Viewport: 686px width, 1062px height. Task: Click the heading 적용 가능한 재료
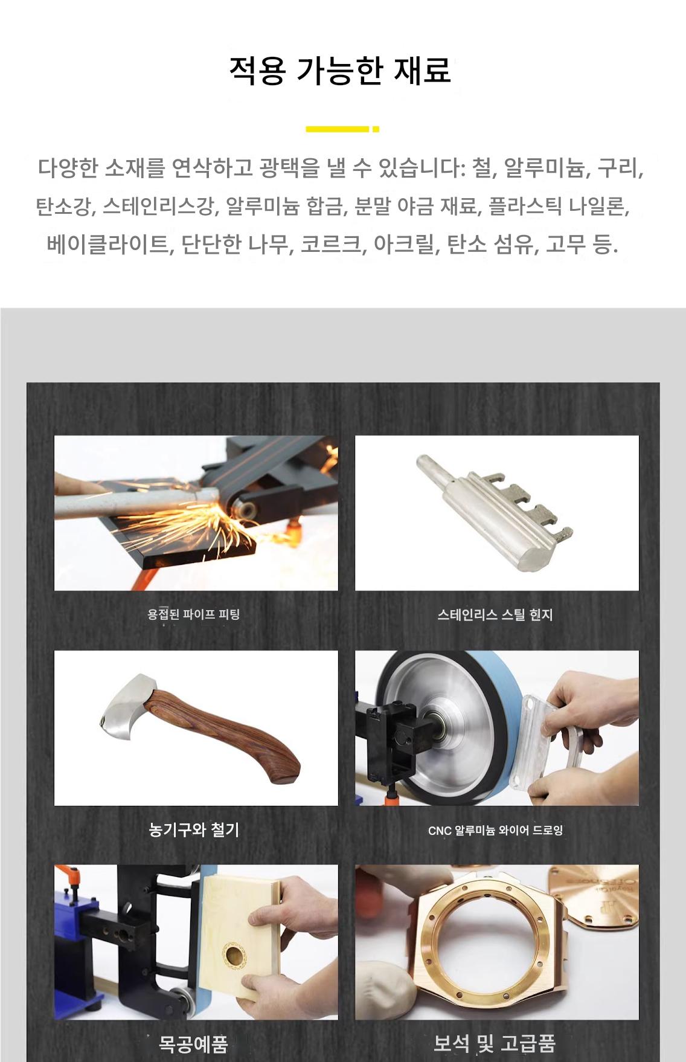click(340, 71)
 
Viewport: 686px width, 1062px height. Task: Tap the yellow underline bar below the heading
click(342, 129)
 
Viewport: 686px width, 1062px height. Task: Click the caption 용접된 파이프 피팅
click(194, 614)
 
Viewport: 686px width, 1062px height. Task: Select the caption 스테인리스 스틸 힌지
click(495, 614)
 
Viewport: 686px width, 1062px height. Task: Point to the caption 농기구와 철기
click(194, 829)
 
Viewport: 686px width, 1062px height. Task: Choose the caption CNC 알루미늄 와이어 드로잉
click(495, 831)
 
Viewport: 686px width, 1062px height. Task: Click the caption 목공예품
click(193, 1044)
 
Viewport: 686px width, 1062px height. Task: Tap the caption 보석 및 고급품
click(494, 1043)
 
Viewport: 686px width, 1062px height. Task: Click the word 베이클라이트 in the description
click(107, 245)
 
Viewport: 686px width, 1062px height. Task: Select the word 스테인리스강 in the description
click(158, 207)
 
